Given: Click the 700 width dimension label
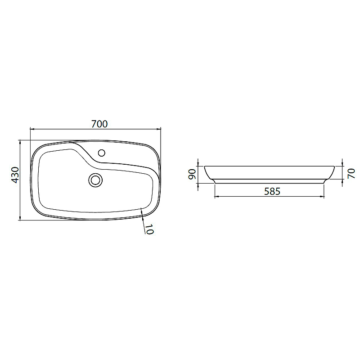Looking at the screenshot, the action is pyautogui.click(x=99, y=124).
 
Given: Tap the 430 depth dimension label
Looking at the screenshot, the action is pyautogui.click(x=15, y=175).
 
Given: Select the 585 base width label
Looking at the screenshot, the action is pyautogui.click(x=272, y=191).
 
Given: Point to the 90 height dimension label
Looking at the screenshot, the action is pyautogui.click(x=192, y=174).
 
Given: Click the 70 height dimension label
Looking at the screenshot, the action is pyautogui.click(x=351, y=173).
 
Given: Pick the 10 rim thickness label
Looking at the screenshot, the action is pyautogui.click(x=149, y=229).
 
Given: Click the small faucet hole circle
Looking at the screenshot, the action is pyautogui.click(x=102, y=153).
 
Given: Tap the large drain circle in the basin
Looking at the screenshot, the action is pyautogui.click(x=95, y=180).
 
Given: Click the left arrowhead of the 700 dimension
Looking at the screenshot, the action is pyautogui.click(x=32, y=129).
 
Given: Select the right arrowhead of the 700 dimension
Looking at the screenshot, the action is pyautogui.click(x=159, y=129).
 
